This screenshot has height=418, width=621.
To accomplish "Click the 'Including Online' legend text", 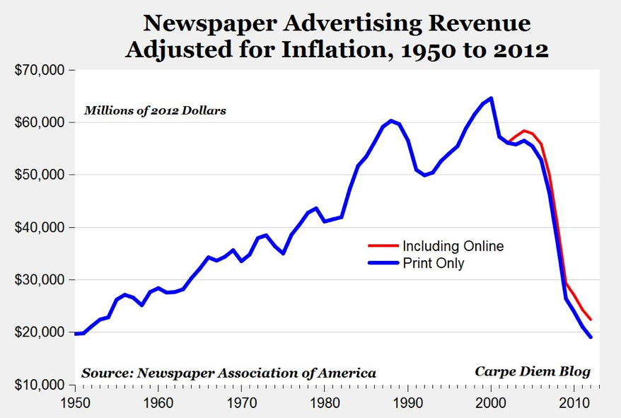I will pos(453,246).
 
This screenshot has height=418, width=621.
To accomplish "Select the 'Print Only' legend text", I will pos(433,264).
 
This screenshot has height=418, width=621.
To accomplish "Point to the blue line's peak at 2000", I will pos(491,98).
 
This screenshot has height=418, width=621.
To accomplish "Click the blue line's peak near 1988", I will pos(391,121).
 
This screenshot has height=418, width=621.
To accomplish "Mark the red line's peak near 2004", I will pos(524,131).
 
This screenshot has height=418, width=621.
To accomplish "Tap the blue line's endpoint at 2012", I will pos(591,337).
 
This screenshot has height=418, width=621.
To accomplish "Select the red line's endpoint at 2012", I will pos(591,320).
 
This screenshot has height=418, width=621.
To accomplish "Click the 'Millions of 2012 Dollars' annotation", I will pos(156,110).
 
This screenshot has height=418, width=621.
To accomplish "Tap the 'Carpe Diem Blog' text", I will pos(532,371).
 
